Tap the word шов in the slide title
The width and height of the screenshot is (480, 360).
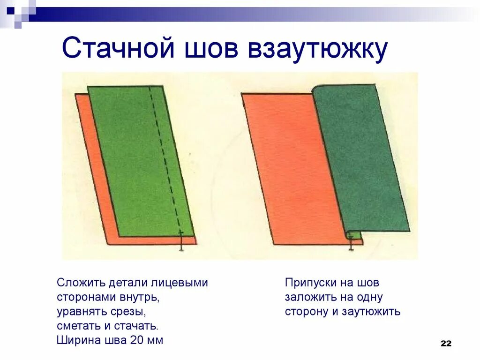click(204, 49)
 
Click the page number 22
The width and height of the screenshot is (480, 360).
click(446, 344)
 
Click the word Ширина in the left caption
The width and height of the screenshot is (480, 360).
click(75, 340)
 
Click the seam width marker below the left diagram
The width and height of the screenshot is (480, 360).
click(181, 241)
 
